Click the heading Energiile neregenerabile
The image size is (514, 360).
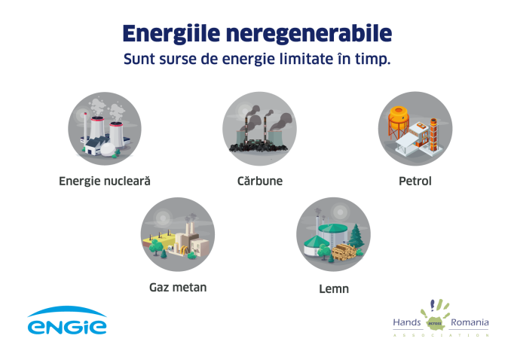click(x=257, y=34)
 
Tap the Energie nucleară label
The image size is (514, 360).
click(x=105, y=182)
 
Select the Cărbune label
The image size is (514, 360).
click(x=260, y=181)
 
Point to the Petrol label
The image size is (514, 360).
click(x=415, y=182)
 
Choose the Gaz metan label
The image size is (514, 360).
click(x=178, y=288)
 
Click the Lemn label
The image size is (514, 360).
click(x=334, y=289)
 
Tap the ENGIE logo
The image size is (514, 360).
click(x=67, y=320)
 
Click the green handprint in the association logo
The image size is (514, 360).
click(x=436, y=315)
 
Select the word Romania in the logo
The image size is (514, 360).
click(x=470, y=322)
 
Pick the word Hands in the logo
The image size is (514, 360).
click(x=407, y=322)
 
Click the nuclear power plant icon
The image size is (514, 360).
click(x=105, y=128)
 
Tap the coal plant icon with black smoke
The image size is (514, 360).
click(x=259, y=128)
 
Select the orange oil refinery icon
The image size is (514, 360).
click(x=415, y=128)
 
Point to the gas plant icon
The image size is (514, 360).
click(x=178, y=234)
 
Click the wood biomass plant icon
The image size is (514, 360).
click(x=333, y=234)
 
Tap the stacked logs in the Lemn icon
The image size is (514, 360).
click(x=344, y=252)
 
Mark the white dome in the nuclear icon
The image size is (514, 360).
click(x=109, y=149)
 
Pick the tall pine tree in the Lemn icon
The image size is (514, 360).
click(x=356, y=236)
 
